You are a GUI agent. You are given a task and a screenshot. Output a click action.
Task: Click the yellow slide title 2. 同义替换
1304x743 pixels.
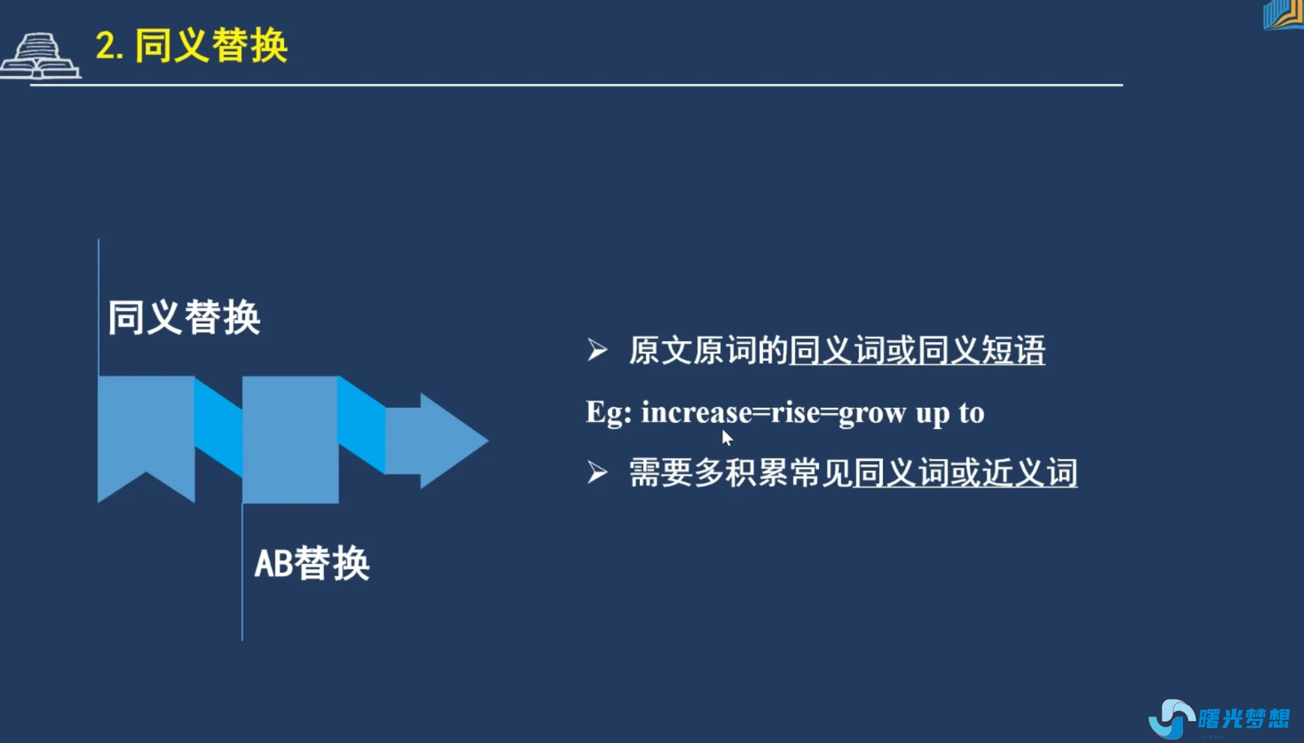(x=192, y=46)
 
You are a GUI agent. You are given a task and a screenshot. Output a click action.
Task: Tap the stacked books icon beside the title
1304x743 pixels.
(x=40, y=57)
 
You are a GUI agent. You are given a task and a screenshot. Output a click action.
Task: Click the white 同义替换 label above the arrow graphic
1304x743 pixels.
(x=184, y=317)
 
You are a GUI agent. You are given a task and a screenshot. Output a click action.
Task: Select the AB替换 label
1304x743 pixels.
(x=311, y=563)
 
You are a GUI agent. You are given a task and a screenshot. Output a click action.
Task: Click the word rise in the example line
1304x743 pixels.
(x=796, y=412)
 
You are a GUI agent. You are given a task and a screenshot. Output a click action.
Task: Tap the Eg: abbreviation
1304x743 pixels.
(x=608, y=412)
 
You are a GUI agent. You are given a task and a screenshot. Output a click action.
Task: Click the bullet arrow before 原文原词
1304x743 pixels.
(x=597, y=350)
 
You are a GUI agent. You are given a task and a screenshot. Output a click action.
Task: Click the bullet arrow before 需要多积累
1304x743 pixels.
(x=597, y=472)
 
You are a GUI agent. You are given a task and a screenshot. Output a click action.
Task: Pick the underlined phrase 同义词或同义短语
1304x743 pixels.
(x=917, y=351)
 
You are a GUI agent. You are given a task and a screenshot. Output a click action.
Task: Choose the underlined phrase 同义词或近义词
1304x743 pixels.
(x=965, y=473)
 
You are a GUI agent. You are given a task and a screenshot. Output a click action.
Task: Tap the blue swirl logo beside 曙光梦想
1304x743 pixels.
(x=1171, y=718)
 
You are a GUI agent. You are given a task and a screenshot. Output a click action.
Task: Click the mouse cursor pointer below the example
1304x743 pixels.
(x=727, y=438)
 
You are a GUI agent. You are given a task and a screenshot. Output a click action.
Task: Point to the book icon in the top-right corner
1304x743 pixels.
(x=1283, y=15)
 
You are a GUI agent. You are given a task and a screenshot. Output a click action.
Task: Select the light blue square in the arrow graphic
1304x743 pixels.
(x=290, y=439)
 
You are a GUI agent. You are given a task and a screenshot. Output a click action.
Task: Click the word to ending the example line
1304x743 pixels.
(x=971, y=412)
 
